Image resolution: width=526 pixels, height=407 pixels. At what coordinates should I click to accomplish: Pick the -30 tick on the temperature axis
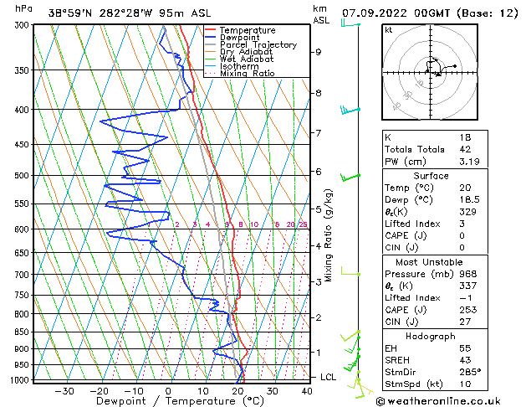pyautogui.click(x=64, y=391)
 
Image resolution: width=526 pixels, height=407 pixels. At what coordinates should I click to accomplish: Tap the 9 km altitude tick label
pyautogui.click(x=318, y=52)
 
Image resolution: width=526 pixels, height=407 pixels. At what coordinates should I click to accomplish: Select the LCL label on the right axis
pyautogui.click(x=329, y=378)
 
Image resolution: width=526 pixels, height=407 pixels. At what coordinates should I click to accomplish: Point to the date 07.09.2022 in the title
pyautogui.click(x=376, y=13)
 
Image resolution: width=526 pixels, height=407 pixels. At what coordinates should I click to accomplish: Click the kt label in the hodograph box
pyautogui.click(x=388, y=29)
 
